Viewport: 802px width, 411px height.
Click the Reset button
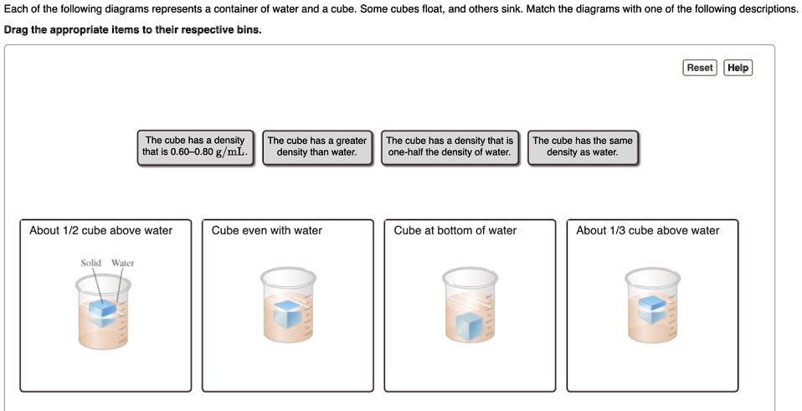699,68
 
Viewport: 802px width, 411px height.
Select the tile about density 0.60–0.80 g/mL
195,146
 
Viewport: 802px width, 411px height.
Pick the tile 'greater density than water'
317,146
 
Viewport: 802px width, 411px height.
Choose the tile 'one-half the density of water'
450,146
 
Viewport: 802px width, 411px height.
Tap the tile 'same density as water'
583,146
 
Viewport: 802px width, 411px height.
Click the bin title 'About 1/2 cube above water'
100,231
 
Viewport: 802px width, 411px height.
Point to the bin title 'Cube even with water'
266,231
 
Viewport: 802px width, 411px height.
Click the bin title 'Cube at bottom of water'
455,231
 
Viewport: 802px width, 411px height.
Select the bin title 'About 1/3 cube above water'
647,231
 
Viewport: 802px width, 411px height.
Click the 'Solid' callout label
90,263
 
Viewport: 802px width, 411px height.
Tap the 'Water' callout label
123,263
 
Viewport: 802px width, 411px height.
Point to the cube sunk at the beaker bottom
470,325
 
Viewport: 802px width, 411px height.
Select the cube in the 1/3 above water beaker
651,309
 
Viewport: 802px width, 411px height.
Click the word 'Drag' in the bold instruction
18,29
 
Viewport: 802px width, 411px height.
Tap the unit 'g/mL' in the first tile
230,152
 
